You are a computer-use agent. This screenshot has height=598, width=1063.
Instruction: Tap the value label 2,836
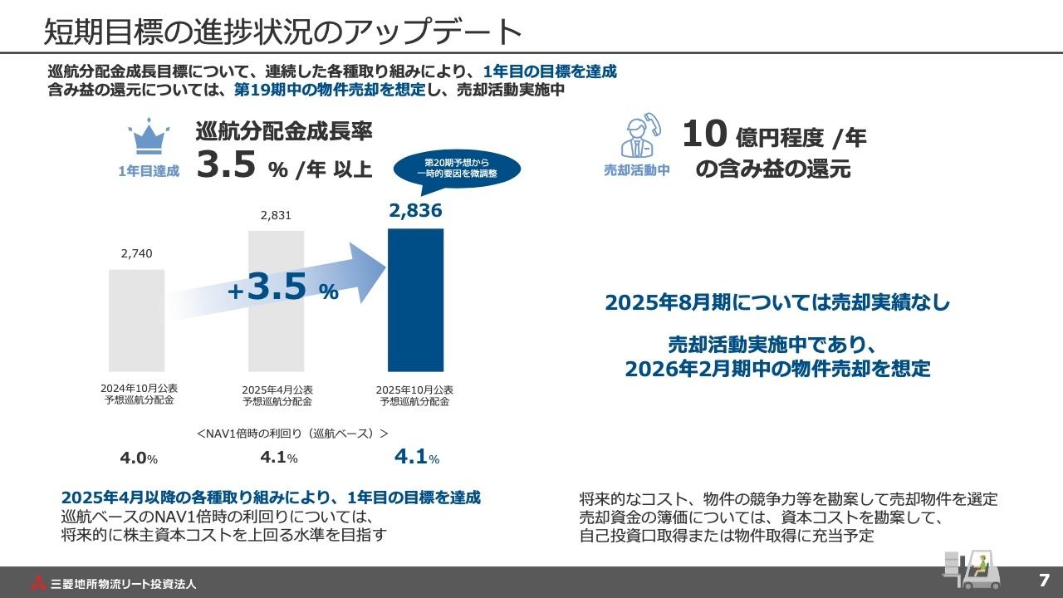pos(415,211)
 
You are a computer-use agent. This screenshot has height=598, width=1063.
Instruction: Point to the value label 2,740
pos(137,253)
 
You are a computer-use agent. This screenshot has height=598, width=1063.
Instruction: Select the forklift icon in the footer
pos(967,569)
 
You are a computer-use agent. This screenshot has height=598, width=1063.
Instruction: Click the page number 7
pos(1044,580)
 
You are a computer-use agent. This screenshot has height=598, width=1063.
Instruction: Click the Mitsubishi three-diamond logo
pos(38,582)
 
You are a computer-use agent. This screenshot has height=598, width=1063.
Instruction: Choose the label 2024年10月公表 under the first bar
pos(138,395)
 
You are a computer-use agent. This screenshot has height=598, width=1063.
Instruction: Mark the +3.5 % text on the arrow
pos(283,288)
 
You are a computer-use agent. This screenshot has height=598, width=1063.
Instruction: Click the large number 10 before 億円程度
pos(704,135)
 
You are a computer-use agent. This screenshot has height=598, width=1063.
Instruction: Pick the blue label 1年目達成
pos(149,172)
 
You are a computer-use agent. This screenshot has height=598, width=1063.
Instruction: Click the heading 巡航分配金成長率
pos(284,131)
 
